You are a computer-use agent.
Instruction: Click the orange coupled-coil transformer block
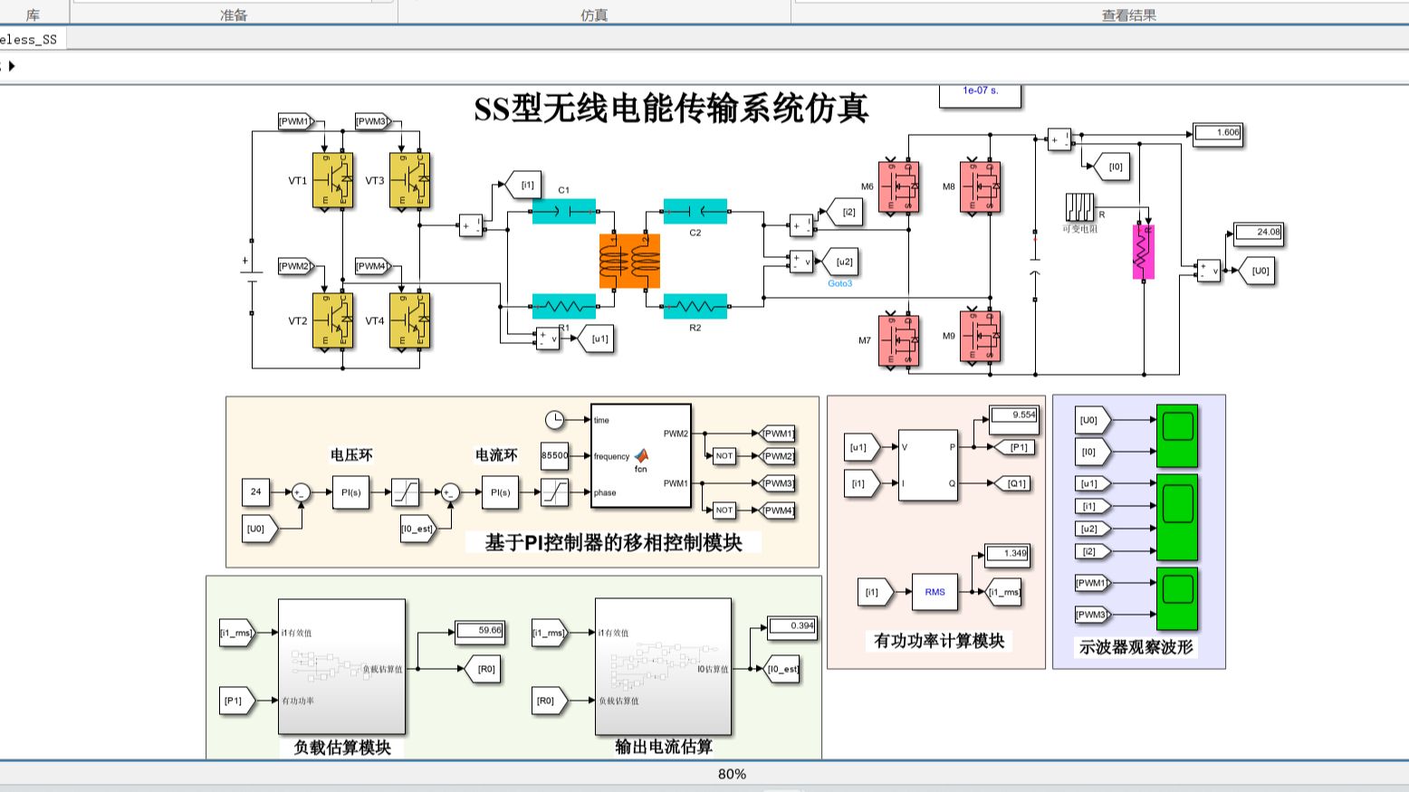coord(629,261)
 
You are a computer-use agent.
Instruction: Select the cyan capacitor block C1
coord(563,212)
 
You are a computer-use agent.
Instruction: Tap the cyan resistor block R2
coord(695,307)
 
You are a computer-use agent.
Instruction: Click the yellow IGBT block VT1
coord(332,180)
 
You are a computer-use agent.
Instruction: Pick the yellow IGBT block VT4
coord(409,320)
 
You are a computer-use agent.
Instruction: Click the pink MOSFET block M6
coord(898,186)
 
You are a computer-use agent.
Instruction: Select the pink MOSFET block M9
coord(980,336)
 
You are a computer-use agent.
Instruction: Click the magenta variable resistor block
coord(1144,252)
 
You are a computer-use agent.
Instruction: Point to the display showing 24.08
coord(1259,233)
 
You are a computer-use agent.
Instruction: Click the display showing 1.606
coord(1218,133)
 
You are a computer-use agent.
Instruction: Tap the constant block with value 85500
coord(554,456)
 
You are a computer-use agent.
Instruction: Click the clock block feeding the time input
coord(554,420)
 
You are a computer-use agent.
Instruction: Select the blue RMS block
coord(935,592)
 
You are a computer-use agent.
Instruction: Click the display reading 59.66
coord(479,631)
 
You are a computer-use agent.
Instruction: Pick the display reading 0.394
coord(791,626)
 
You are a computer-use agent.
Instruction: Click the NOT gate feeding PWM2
coord(724,456)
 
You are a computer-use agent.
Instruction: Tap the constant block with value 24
coord(255,492)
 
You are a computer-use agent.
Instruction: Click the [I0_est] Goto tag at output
coord(782,670)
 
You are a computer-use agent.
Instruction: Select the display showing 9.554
coord(1013,415)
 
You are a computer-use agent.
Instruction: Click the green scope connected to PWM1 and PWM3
coord(1177,597)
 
